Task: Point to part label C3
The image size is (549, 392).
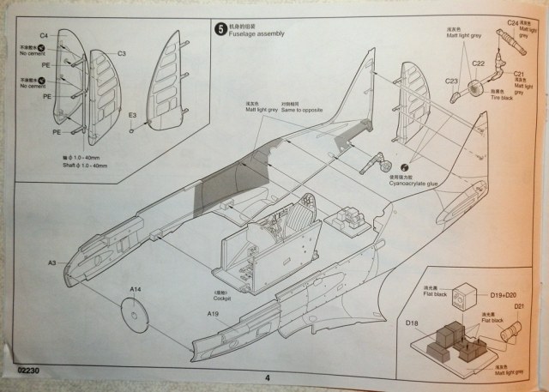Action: (x=122, y=53)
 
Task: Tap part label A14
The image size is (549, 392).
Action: (x=135, y=290)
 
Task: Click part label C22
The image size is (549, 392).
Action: (x=479, y=63)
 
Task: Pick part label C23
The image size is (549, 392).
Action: (x=451, y=81)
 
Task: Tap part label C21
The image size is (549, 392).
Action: (x=518, y=75)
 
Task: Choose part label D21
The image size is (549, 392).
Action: (x=519, y=308)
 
